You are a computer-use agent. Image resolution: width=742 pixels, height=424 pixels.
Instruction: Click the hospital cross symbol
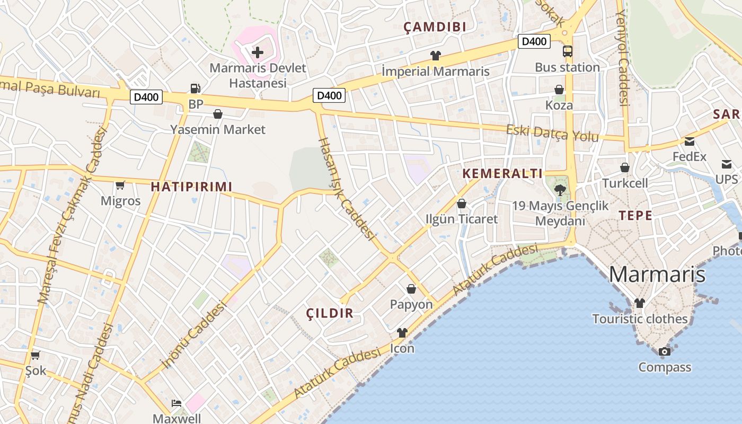(258, 52)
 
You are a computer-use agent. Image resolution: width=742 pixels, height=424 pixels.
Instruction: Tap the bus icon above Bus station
(567, 51)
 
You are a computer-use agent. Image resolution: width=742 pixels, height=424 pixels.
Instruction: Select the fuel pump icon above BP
(196, 89)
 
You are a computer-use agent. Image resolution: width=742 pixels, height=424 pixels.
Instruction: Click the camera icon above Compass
(664, 351)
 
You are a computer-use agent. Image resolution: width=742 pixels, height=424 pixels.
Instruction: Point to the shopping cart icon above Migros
(120, 185)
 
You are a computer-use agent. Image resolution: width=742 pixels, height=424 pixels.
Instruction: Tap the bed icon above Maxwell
(176, 403)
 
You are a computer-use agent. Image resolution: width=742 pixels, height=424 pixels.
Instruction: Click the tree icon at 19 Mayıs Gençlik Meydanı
(560, 190)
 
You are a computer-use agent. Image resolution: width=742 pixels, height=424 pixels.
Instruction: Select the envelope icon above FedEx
(690, 141)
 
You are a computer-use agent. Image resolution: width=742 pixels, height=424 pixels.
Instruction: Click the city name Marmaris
(657, 275)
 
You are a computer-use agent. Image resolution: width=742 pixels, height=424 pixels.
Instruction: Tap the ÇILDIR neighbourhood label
(330, 313)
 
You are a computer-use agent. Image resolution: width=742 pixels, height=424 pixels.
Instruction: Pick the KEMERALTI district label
(502, 173)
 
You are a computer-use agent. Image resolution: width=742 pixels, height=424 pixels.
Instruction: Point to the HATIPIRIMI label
(192, 187)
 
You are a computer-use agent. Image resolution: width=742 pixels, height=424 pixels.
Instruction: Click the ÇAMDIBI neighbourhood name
(435, 27)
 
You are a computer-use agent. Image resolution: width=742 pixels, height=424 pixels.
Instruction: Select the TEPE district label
(635, 215)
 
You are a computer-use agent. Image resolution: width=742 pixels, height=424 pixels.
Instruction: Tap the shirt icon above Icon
(402, 333)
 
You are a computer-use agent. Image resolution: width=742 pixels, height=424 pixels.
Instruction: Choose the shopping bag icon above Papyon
(411, 289)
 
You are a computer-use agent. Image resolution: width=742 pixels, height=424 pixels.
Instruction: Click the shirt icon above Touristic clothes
(640, 303)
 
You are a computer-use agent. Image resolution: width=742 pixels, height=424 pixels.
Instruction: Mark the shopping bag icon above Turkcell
(625, 167)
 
